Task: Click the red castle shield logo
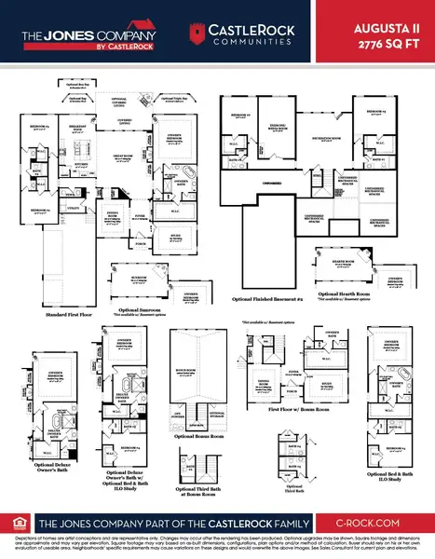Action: pyautogui.click(x=196, y=33)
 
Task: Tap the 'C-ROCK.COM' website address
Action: pyautogui.click(x=371, y=524)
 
